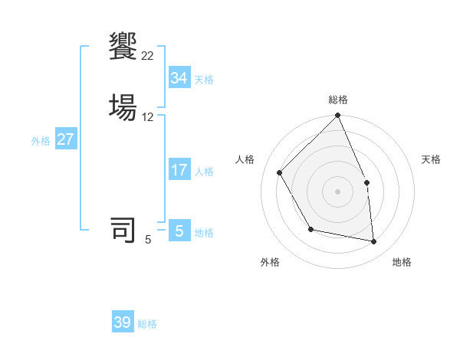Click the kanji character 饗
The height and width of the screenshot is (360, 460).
[123, 45]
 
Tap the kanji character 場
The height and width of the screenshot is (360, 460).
[123, 106]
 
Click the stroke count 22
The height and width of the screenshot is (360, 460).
[148, 55]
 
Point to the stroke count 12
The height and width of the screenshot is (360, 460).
[148, 116]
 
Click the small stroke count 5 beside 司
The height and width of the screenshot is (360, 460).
[148, 239]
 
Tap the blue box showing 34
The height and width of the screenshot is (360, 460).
[179, 78]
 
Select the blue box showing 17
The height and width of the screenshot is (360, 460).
[179, 170]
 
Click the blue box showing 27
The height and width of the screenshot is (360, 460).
[65, 139]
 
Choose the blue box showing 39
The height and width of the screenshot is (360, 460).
[123, 322]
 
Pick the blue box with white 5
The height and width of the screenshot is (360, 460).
[179, 231]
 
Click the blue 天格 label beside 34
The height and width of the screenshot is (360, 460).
[204, 80]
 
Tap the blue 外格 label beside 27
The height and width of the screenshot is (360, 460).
[41, 141]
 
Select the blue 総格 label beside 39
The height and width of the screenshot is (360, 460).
[147, 324]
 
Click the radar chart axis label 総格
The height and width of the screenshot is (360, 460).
[338, 100]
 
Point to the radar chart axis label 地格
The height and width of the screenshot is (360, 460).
[402, 262]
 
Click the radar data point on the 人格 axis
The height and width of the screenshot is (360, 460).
[280, 172]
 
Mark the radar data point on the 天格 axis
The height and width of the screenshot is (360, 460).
[366, 182]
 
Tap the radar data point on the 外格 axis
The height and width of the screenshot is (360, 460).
[310, 229]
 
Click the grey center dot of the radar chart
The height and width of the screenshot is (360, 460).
[338, 191]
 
